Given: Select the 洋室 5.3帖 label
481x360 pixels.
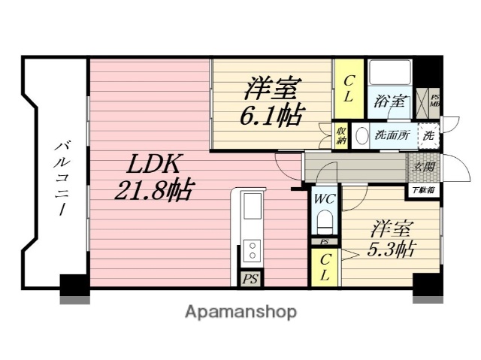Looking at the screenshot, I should coord(389,237).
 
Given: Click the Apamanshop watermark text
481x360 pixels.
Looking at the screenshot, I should coord(240,311).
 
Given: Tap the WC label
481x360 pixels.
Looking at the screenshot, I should coord(325,200).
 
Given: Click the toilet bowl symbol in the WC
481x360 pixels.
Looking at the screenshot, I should coord(325,223).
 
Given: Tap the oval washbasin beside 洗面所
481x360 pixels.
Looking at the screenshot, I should coord(361,138).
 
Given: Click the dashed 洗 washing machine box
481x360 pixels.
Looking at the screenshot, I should coord(428,137).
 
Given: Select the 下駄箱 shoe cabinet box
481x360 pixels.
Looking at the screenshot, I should coord(423,191).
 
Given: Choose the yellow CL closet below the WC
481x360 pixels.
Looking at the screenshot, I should coord(325,268).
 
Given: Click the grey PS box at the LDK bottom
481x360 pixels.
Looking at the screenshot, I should coord(250,277).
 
